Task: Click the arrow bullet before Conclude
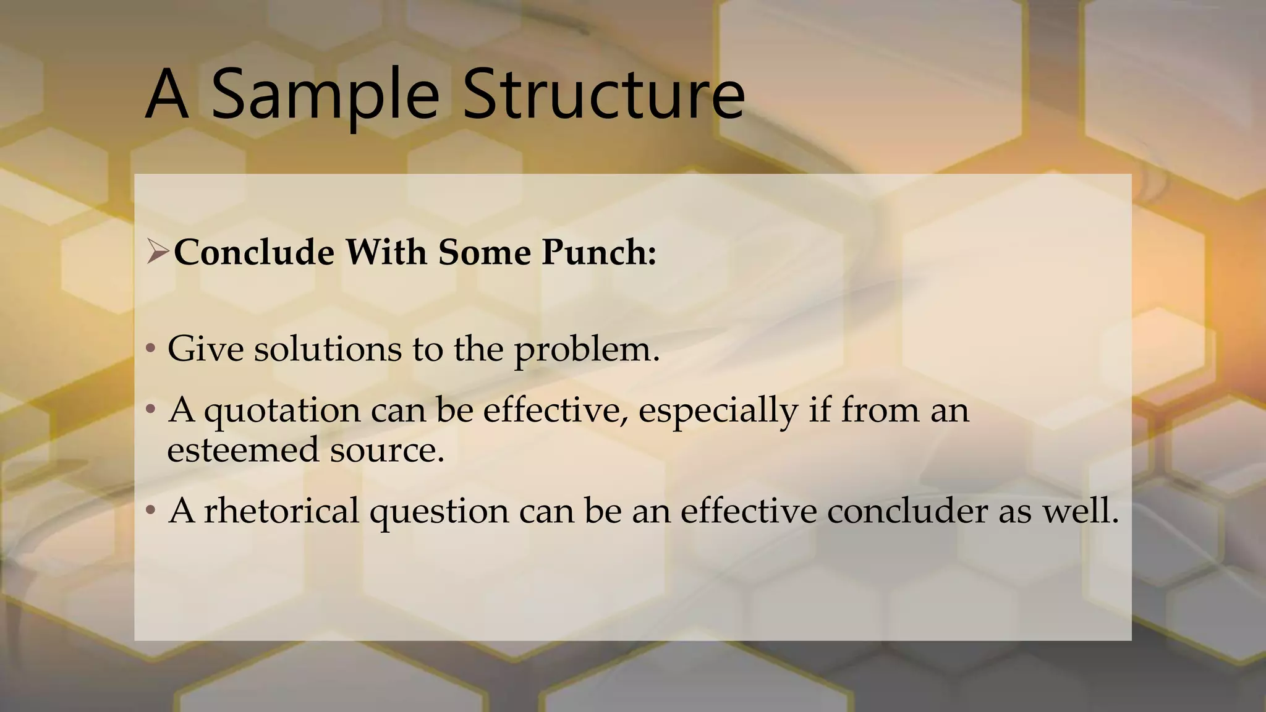(157, 252)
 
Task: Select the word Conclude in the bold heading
(253, 252)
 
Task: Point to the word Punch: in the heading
(598, 252)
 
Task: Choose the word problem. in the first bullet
(587, 350)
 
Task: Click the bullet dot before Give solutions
(150, 349)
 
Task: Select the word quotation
(283, 411)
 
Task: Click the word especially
(718, 411)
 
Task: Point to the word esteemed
(243, 449)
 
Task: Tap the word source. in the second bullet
(387, 449)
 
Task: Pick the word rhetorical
(281, 511)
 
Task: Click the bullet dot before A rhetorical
(150, 511)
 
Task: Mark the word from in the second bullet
(880, 410)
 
